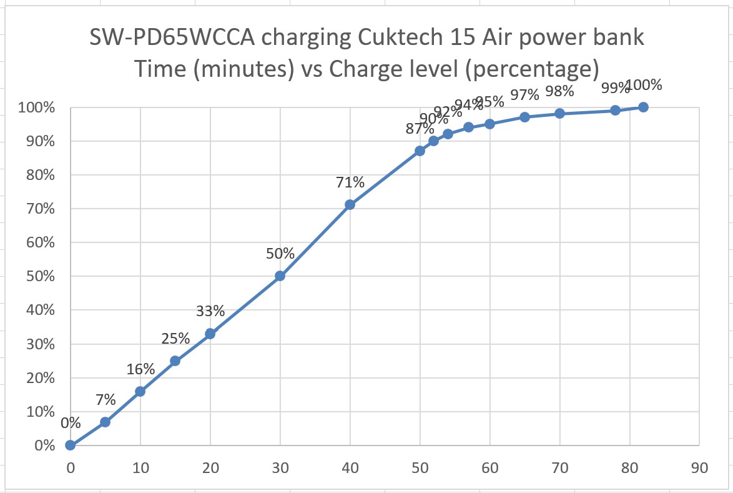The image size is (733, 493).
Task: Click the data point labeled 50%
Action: point(280,276)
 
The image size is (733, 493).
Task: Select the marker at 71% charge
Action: point(350,204)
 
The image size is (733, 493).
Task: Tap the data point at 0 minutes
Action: point(71,445)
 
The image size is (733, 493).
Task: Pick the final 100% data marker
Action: point(643,107)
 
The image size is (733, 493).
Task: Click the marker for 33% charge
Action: point(210,334)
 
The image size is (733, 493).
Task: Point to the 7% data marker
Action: point(106,422)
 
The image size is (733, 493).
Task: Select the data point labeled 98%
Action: point(559,113)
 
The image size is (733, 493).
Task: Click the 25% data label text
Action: point(175,339)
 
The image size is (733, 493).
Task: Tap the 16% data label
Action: point(140,369)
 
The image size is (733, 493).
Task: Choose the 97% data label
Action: point(524,95)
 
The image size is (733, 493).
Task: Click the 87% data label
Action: point(420,129)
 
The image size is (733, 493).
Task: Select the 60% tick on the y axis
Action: point(39,242)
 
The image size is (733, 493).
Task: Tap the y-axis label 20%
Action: point(39,377)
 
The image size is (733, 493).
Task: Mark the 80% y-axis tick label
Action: point(39,175)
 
